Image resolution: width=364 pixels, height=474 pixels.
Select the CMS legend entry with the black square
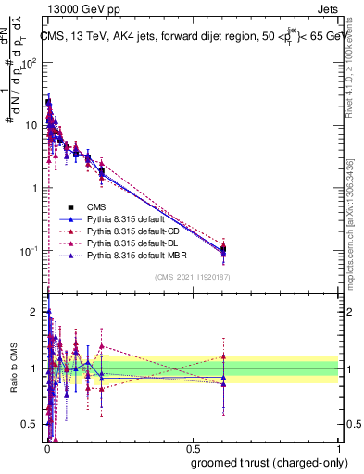(96, 207)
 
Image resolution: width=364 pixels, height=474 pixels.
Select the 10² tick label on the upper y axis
(28, 62)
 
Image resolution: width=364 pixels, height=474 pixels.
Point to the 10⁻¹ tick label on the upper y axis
(28, 251)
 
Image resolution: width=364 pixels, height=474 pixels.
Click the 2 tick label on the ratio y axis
(35, 311)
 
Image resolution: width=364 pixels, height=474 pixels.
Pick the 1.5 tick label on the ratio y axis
(31, 340)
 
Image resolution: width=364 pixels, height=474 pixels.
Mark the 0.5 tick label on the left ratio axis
(31, 424)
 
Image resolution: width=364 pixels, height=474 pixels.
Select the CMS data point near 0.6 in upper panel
(223, 248)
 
